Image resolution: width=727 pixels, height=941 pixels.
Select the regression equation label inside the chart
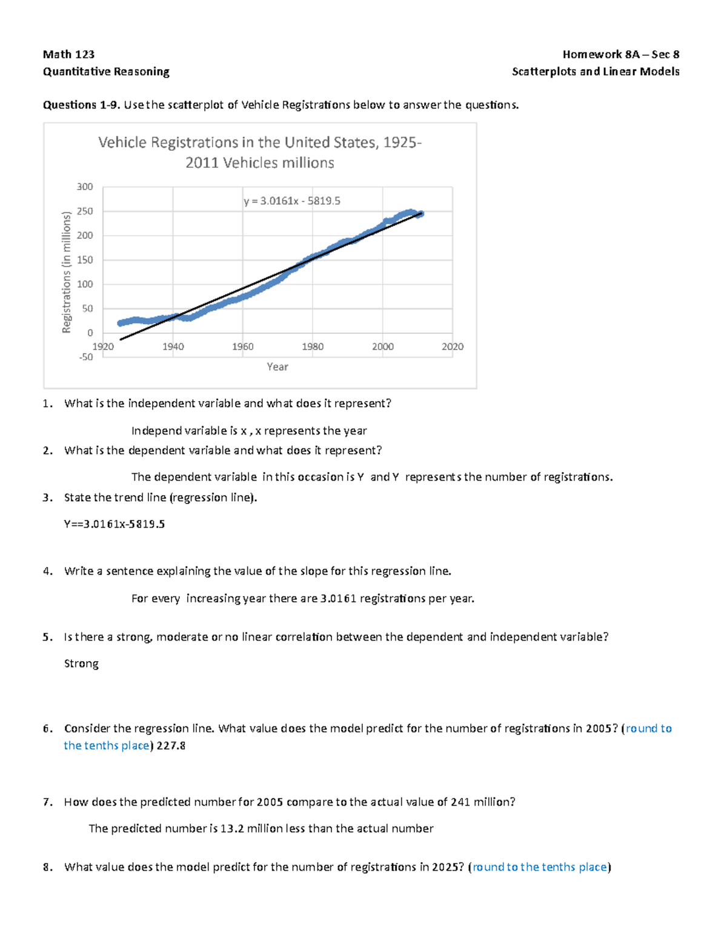click(x=292, y=201)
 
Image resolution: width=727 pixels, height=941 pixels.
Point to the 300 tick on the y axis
click(x=85, y=187)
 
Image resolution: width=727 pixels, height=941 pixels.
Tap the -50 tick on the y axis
click(x=85, y=357)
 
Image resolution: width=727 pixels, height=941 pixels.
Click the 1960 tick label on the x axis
click(x=243, y=347)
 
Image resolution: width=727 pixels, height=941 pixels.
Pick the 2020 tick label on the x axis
click(x=453, y=347)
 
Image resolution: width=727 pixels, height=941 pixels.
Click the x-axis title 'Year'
click(x=277, y=367)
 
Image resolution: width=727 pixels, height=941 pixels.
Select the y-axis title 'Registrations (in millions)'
click(x=67, y=272)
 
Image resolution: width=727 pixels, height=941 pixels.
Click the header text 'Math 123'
click(x=68, y=55)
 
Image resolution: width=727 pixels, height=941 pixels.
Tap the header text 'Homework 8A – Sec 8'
click(x=620, y=55)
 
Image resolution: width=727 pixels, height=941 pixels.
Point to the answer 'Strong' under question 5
click(x=81, y=663)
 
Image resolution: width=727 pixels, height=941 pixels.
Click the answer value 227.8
click(x=171, y=745)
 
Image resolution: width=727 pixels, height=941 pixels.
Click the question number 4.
click(x=47, y=571)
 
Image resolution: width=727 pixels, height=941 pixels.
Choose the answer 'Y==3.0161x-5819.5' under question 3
click(x=114, y=524)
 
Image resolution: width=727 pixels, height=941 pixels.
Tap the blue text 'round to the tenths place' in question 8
click(x=540, y=867)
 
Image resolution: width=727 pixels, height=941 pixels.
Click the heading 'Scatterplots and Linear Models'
click(x=596, y=71)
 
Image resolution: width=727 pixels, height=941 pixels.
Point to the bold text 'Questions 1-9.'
click(x=81, y=105)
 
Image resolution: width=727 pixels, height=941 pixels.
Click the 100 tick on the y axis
click(x=85, y=284)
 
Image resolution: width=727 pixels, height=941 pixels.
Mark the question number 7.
click(x=47, y=802)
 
